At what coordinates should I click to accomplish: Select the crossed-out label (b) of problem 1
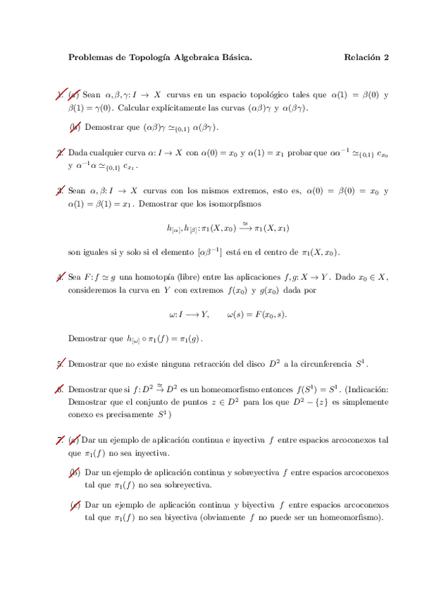tap(75, 127)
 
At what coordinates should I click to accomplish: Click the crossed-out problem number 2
tap(61, 152)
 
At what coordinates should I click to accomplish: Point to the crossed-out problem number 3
tap(61, 190)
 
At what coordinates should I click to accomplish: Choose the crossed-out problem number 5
tap(61, 365)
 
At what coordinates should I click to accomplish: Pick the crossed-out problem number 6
tap(61, 389)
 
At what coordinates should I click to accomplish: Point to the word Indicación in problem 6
tap(366, 389)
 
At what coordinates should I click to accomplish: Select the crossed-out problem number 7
tap(61, 440)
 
